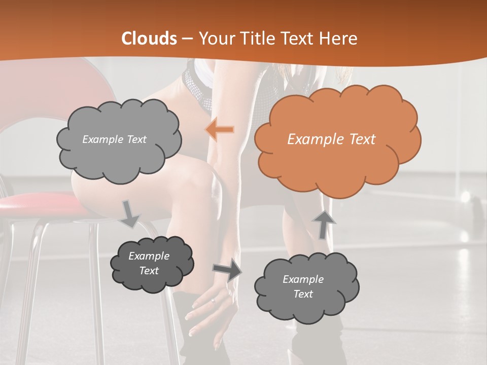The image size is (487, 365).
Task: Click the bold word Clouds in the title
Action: click(149, 39)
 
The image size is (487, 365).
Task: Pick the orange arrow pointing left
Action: click(220, 130)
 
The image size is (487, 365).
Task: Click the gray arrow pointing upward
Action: click(323, 224)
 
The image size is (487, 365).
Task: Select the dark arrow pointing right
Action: click(227, 270)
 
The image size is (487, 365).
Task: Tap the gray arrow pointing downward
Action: click(129, 214)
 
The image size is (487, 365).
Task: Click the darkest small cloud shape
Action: click(152, 264)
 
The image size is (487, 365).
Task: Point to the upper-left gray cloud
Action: click(119, 140)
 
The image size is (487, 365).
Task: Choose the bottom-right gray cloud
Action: click(306, 287)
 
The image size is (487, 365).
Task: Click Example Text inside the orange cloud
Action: click(331, 139)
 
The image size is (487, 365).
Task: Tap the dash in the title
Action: click(187, 39)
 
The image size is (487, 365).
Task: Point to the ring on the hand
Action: click(213, 301)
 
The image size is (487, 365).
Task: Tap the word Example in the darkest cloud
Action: click(149, 256)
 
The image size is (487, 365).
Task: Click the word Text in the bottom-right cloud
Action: click(303, 294)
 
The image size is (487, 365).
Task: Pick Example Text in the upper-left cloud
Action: click(114, 139)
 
